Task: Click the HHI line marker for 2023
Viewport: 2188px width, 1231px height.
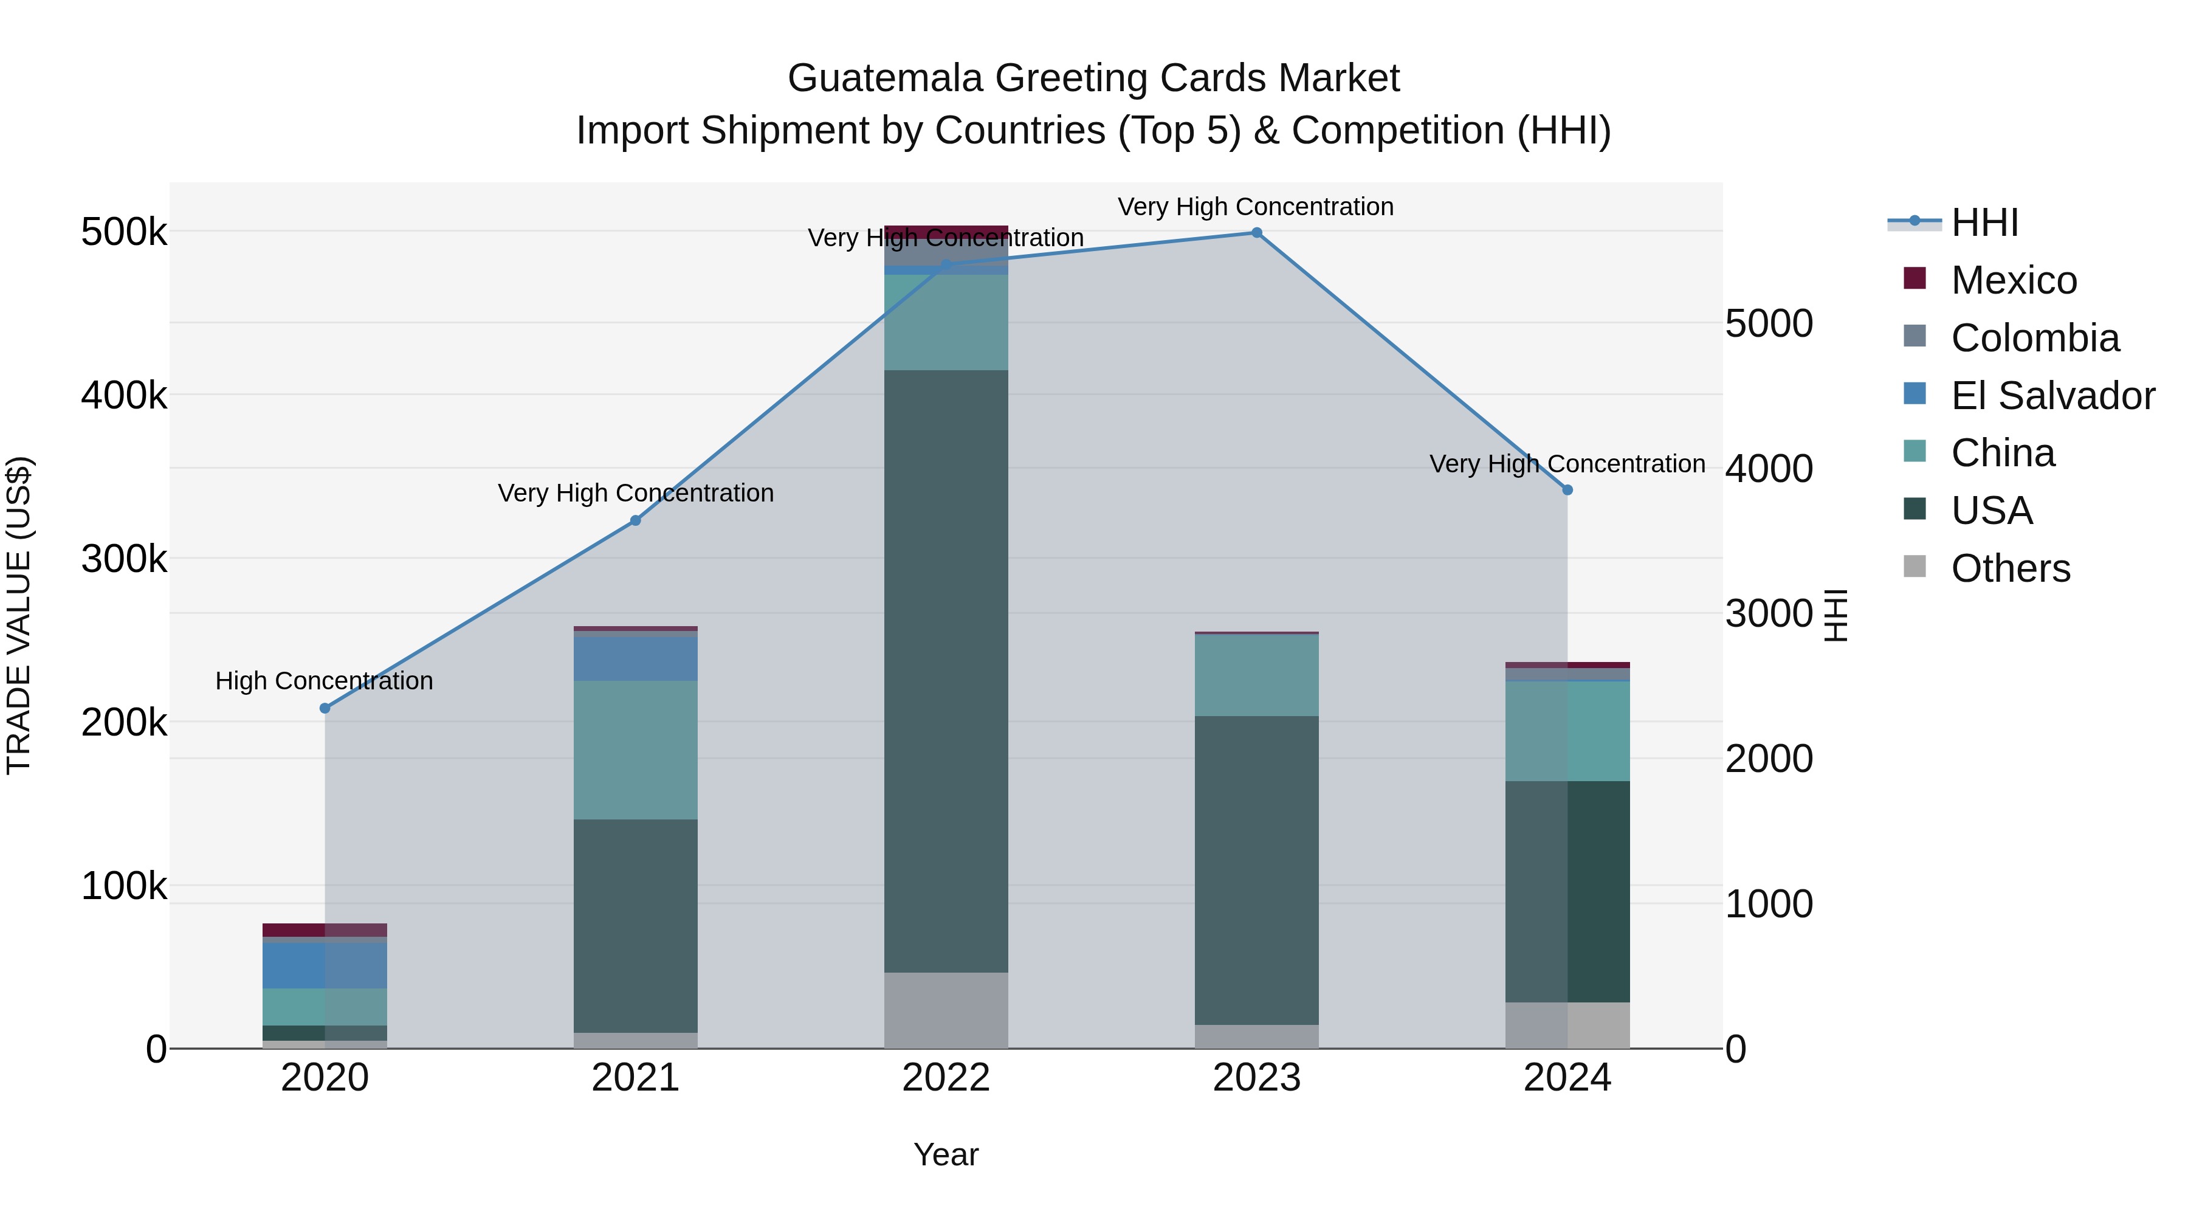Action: (x=1256, y=233)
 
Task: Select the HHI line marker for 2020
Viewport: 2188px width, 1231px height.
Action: (x=325, y=708)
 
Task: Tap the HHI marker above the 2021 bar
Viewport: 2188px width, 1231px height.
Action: (x=635, y=521)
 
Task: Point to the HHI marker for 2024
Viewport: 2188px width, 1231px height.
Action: (x=1567, y=490)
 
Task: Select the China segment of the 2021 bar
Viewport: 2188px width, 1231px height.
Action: (x=635, y=750)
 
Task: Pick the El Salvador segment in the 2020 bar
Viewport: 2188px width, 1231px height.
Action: (x=325, y=965)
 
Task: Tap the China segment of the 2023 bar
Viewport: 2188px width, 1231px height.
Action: (x=1256, y=675)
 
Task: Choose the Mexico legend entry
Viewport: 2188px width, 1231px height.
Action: (x=2013, y=280)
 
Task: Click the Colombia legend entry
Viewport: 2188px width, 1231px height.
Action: (x=2034, y=338)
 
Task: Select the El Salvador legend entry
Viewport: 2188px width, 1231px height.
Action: (x=2052, y=396)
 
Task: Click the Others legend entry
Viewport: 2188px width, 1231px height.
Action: (x=2010, y=568)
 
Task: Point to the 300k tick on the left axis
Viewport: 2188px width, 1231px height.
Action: (x=124, y=559)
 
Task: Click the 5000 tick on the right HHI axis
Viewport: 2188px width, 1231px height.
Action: (x=1769, y=323)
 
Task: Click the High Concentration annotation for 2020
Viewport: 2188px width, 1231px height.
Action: (x=325, y=680)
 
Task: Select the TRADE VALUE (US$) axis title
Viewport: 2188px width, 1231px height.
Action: (x=19, y=615)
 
